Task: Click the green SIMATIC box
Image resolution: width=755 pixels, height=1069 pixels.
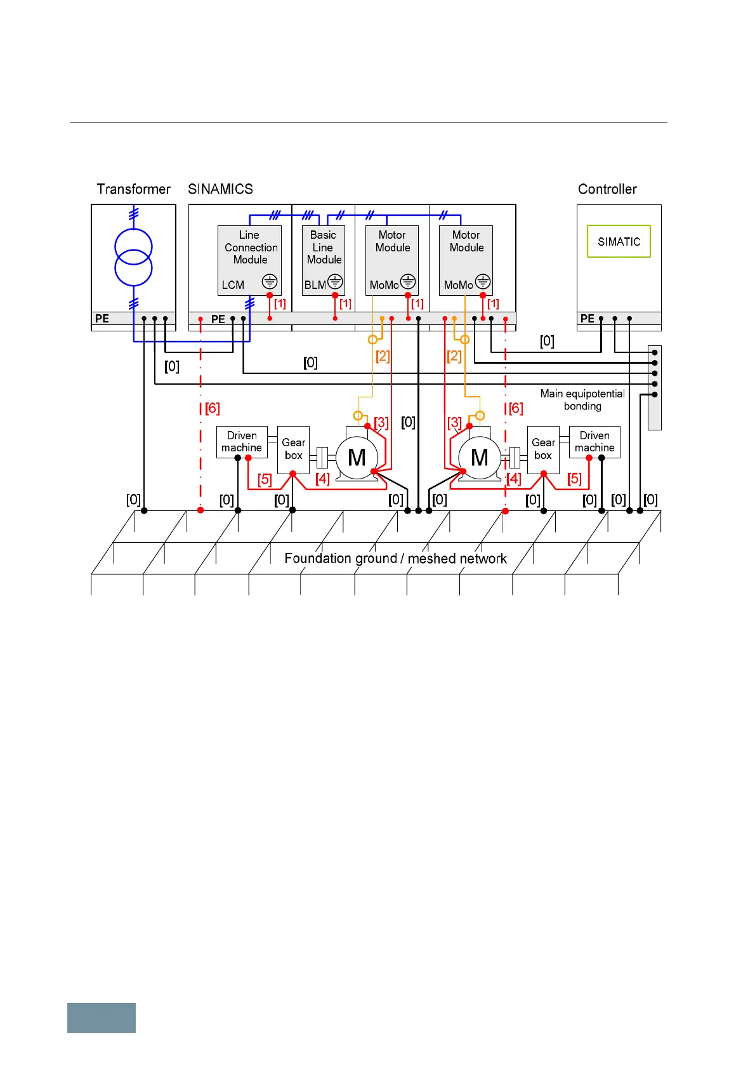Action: coord(619,241)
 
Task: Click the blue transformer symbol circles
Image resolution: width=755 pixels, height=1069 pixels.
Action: coord(133,256)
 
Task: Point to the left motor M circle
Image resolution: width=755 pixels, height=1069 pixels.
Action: coord(357,457)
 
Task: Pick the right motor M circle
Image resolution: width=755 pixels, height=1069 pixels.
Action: coord(480,457)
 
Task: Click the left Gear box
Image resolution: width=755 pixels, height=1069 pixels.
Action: coord(293,449)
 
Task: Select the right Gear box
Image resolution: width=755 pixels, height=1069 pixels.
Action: coord(543,449)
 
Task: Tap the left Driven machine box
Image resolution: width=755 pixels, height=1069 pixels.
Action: coord(242,442)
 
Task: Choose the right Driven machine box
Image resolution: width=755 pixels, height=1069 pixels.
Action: coord(594,442)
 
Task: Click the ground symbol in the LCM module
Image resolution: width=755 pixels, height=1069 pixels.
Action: coord(270,281)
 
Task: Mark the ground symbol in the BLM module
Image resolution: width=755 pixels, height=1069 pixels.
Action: coord(335,281)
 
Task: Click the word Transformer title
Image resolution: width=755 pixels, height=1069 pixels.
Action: coord(133,189)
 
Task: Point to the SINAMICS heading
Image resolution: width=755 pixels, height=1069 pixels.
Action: coord(220,189)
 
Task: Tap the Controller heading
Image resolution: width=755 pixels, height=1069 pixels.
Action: coord(607,189)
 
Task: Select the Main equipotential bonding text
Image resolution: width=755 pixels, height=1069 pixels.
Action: coord(582,400)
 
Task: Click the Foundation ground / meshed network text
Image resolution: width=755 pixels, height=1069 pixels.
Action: coord(395,559)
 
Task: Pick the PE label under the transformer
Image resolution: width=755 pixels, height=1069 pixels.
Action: coord(102,319)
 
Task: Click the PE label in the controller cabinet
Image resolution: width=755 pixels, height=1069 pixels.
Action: coord(588,319)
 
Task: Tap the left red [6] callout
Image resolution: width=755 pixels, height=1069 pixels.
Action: coord(213,408)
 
